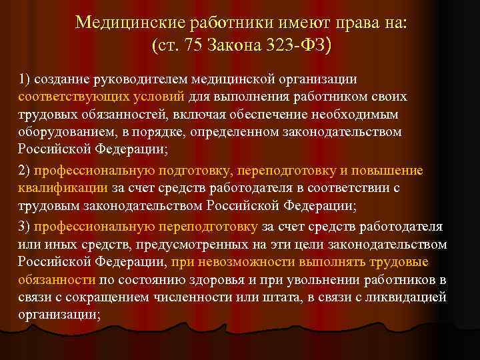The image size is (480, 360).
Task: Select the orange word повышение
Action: tap(391, 171)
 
